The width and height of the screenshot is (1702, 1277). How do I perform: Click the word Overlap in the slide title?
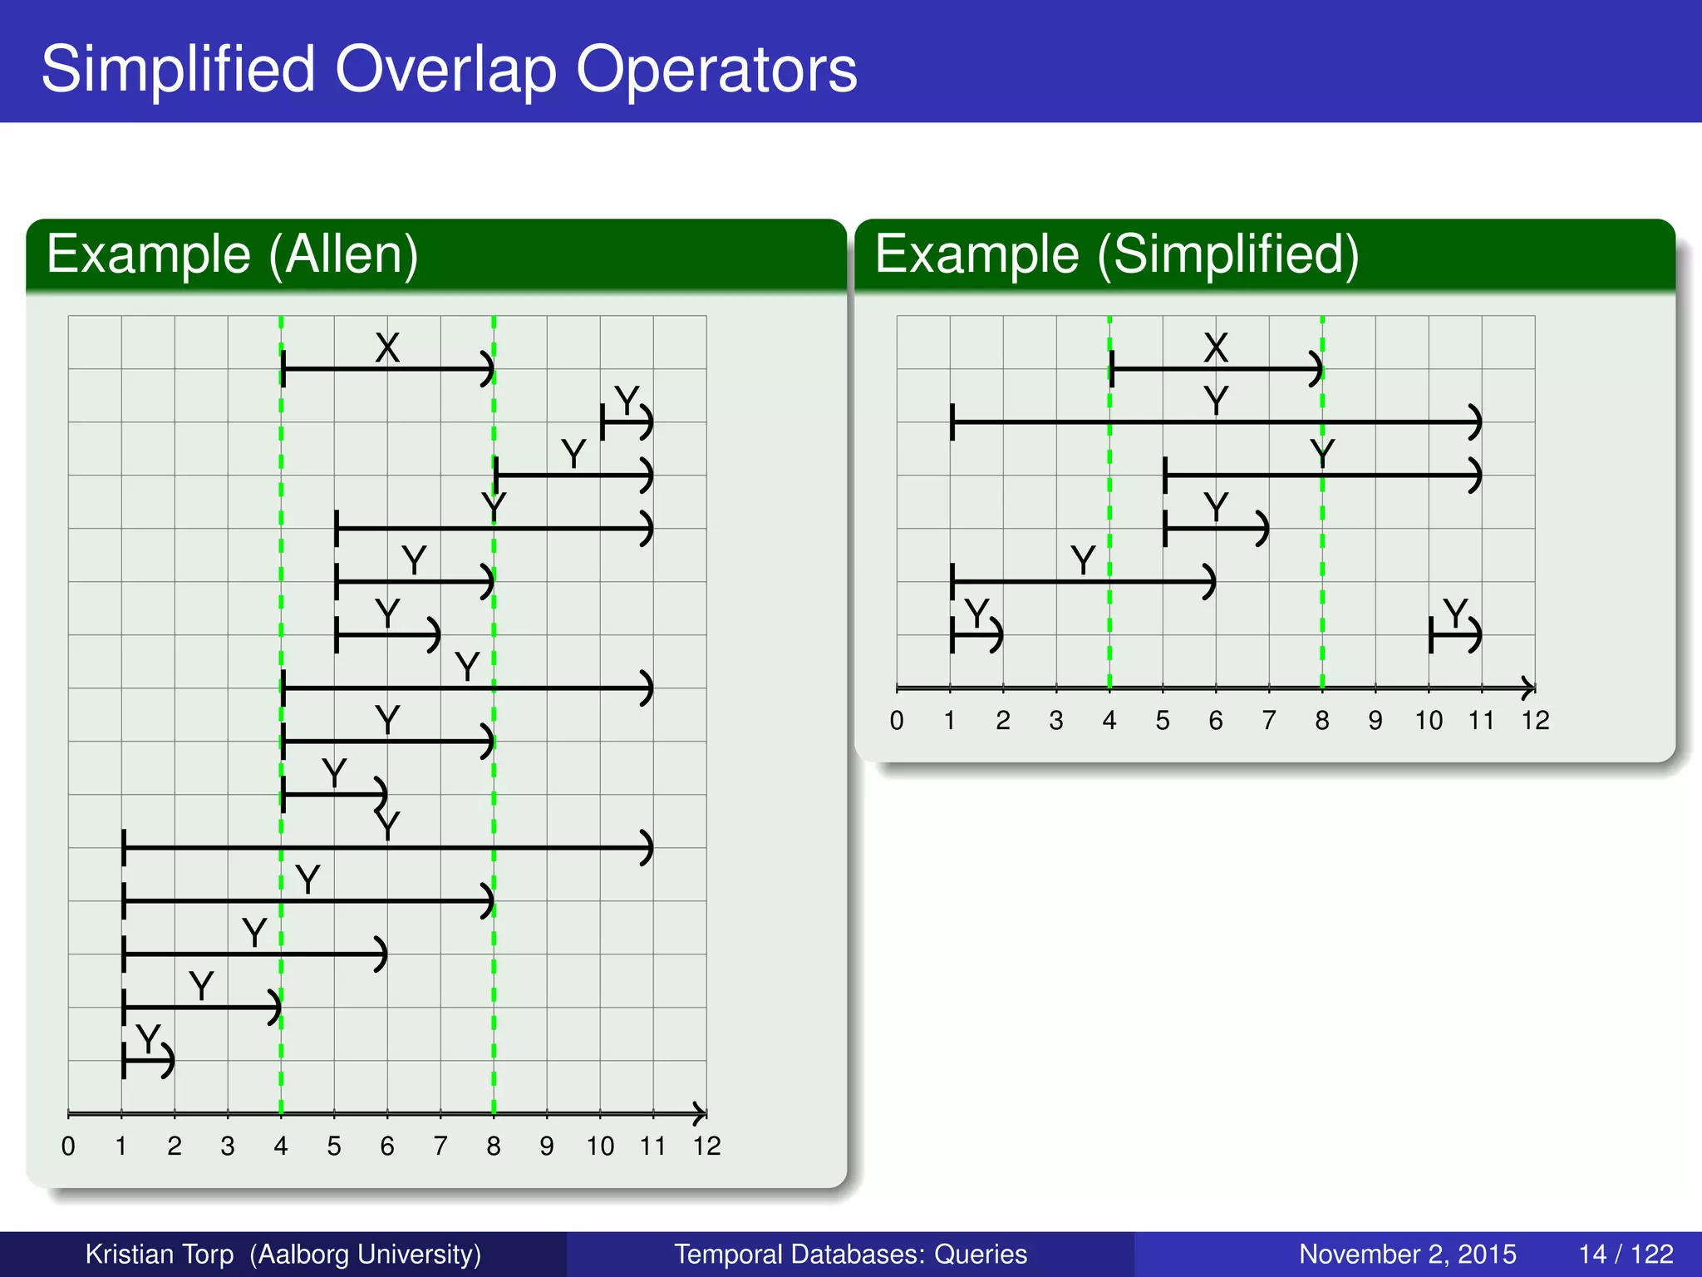click(x=445, y=70)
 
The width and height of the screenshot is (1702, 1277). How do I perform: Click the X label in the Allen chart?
click(x=387, y=348)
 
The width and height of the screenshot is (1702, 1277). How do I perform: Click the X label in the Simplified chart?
click(x=1216, y=348)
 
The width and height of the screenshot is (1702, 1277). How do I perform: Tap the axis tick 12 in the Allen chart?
click(x=706, y=1146)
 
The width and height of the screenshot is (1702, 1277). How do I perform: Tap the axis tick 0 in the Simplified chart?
click(x=896, y=721)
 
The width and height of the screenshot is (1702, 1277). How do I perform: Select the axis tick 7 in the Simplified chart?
click(x=1268, y=721)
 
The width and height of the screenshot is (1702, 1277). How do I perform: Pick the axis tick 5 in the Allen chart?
click(x=334, y=1146)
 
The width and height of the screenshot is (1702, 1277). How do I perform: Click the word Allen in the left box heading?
click(x=342, y=254)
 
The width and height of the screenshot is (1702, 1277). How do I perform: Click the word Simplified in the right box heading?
click(x=1227, y=254)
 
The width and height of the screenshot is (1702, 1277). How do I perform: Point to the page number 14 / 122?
click(x=1626, y=1254)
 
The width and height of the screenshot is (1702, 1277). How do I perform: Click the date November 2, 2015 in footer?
click(x=1407, y=1254)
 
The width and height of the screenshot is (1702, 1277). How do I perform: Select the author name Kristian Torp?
click(x=160, y=1254)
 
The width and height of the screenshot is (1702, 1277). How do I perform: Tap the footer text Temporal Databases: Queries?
click(x=850, y=1254)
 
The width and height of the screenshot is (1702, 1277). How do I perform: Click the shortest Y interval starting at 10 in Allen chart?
click(x=626, y=422)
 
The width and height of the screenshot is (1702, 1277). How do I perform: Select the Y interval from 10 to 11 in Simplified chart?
click(x=1454, y=636)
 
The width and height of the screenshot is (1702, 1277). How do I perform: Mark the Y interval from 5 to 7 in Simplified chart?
click(x=1215, y=529)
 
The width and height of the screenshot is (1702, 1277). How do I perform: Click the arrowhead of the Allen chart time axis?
click(x=701, y=1114)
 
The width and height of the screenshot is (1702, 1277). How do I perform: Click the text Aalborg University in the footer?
click(x=366, y=1254)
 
